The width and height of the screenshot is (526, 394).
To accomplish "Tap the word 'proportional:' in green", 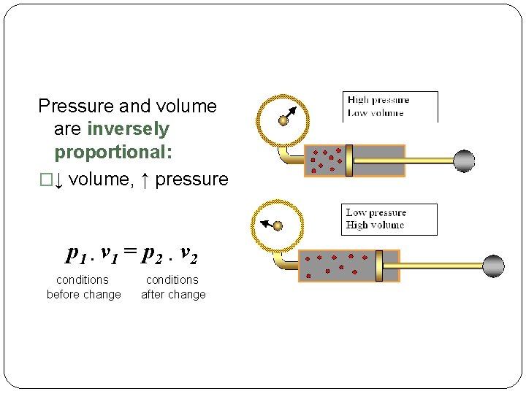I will coord(113,153).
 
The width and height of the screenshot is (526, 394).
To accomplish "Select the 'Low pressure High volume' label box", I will coord(391,219).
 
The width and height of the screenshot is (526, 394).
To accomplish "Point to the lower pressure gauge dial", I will coord(278,224).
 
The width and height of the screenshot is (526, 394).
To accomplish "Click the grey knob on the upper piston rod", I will coord(463,161).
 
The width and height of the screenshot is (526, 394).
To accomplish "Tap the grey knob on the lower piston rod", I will coord(493,266).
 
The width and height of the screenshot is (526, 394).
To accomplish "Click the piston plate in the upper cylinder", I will coord(349,161).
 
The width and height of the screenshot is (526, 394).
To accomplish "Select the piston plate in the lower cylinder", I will coord(378,266).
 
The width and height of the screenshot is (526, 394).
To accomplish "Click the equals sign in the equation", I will coord(130,253).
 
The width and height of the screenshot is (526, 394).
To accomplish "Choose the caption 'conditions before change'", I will coord(83,287).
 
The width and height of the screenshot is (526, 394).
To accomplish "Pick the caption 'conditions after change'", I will coord(173,287).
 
